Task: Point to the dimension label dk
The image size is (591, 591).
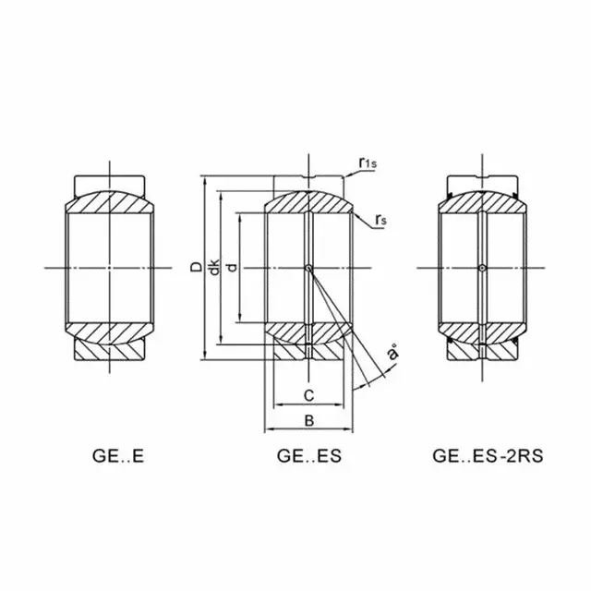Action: click(x=213, y=268)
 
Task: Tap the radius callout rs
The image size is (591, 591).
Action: click(x=381, y=220)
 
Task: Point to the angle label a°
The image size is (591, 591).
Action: click(x=393, y=354)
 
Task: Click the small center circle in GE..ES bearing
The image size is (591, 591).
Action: click(x=309, y=269)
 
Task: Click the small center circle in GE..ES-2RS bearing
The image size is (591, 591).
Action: click(x=481, y=269)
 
